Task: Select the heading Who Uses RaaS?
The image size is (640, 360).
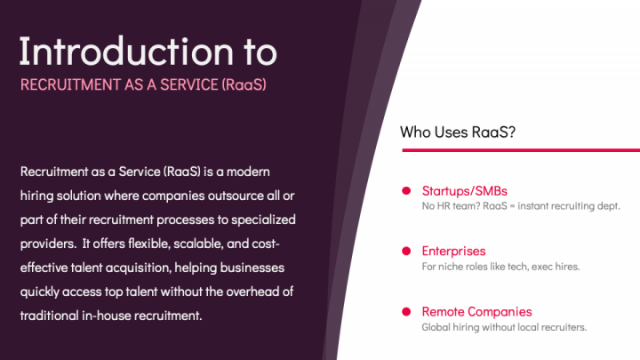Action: [x=458, y=132]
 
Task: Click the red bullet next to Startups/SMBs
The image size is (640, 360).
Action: [x=405, y=190]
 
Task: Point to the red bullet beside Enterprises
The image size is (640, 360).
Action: [x=405, y=251]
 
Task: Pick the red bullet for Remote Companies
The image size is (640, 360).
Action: [x=405, y=311]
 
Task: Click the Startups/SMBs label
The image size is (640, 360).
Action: [x=464, y=190]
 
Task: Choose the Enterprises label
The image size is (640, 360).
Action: [x=453, y=251]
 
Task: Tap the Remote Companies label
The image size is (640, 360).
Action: [x=476, y=311]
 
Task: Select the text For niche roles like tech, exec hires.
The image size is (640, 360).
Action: [x=500, y=267]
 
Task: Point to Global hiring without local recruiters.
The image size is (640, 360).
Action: [x=504, y=327]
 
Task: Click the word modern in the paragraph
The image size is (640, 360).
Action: [x=268, y=171]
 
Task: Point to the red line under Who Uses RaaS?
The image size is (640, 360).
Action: [x=520, y=150]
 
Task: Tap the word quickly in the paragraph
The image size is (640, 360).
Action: [x=42, y=291]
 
